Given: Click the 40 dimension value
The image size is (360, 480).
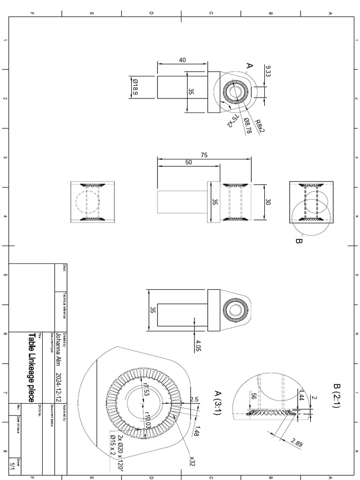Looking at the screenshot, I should pos(182,60).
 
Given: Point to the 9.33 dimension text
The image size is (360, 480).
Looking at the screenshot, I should pos(268,71).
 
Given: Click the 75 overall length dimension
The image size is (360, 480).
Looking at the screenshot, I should pos(203,155).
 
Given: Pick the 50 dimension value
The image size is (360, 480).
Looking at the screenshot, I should pos(188,162).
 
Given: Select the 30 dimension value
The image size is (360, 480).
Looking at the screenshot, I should pos(269,202).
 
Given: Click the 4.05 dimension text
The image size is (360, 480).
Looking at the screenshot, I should pos(198,345).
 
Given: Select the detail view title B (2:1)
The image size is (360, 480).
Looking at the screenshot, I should pos(336,396).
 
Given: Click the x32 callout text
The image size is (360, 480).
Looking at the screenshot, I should pos(192,461).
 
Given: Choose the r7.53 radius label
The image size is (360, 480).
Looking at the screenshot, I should pos(145,390).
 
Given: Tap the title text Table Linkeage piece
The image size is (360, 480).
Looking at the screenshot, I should pos(31,367).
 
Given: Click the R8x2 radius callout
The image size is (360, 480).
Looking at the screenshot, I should pos(260,126).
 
